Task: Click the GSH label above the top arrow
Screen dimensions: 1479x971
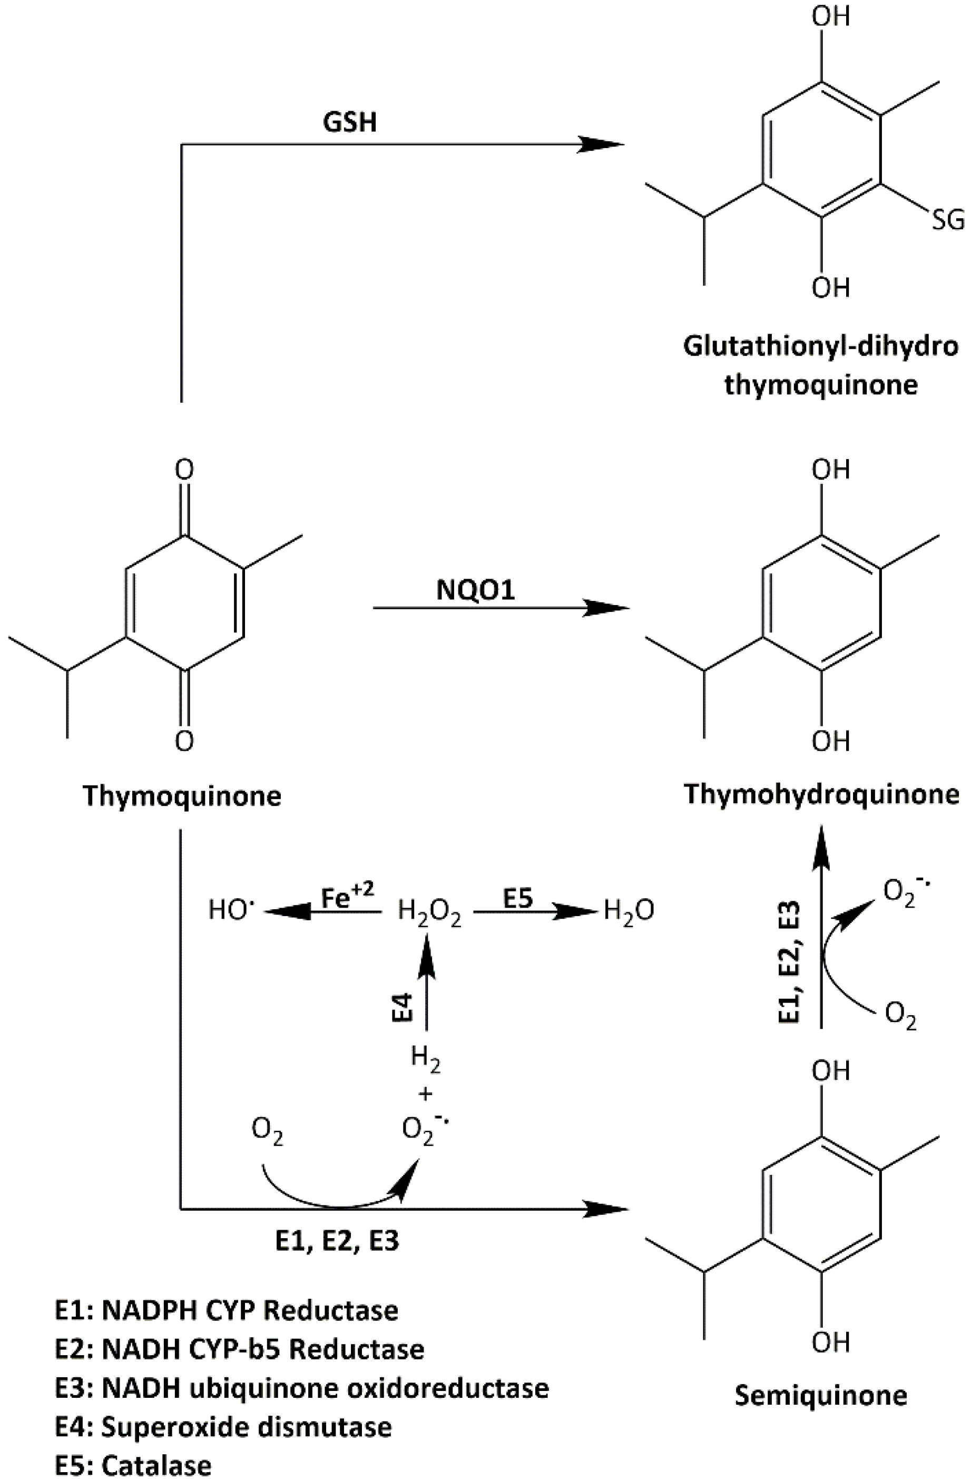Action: point(350,122)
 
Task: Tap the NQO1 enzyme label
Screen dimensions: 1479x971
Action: point(476,590)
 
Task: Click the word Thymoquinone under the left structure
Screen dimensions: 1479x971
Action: point(182,795)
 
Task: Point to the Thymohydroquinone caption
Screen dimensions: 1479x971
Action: point(821,794)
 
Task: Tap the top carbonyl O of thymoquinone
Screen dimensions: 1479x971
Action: point(184,470)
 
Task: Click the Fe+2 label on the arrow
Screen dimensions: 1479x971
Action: point(347,897)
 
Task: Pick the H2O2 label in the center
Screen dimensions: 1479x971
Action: point(429,912)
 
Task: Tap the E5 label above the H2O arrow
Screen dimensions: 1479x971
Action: point(518,897)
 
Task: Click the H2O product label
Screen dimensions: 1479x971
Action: point(629,912)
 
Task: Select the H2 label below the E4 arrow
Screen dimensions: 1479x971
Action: point(426,1058)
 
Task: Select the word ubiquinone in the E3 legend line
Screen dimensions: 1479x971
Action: point(263,1388)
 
